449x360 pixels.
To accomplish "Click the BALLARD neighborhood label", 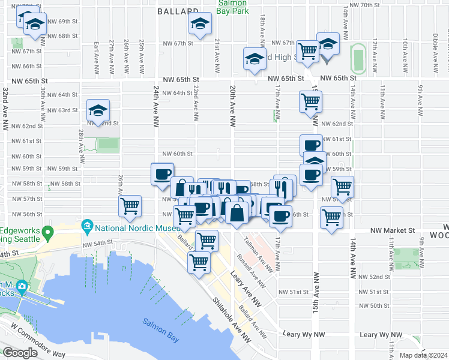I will coord(178,11).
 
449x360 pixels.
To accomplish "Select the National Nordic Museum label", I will coord(137,227).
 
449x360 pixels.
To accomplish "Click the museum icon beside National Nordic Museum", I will coord(87,227).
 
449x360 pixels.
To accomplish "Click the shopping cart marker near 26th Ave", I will coord(130,206).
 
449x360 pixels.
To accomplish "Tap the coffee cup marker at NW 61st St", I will coord(311,145).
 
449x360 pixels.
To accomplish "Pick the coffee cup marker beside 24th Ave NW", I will coord(161,173).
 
